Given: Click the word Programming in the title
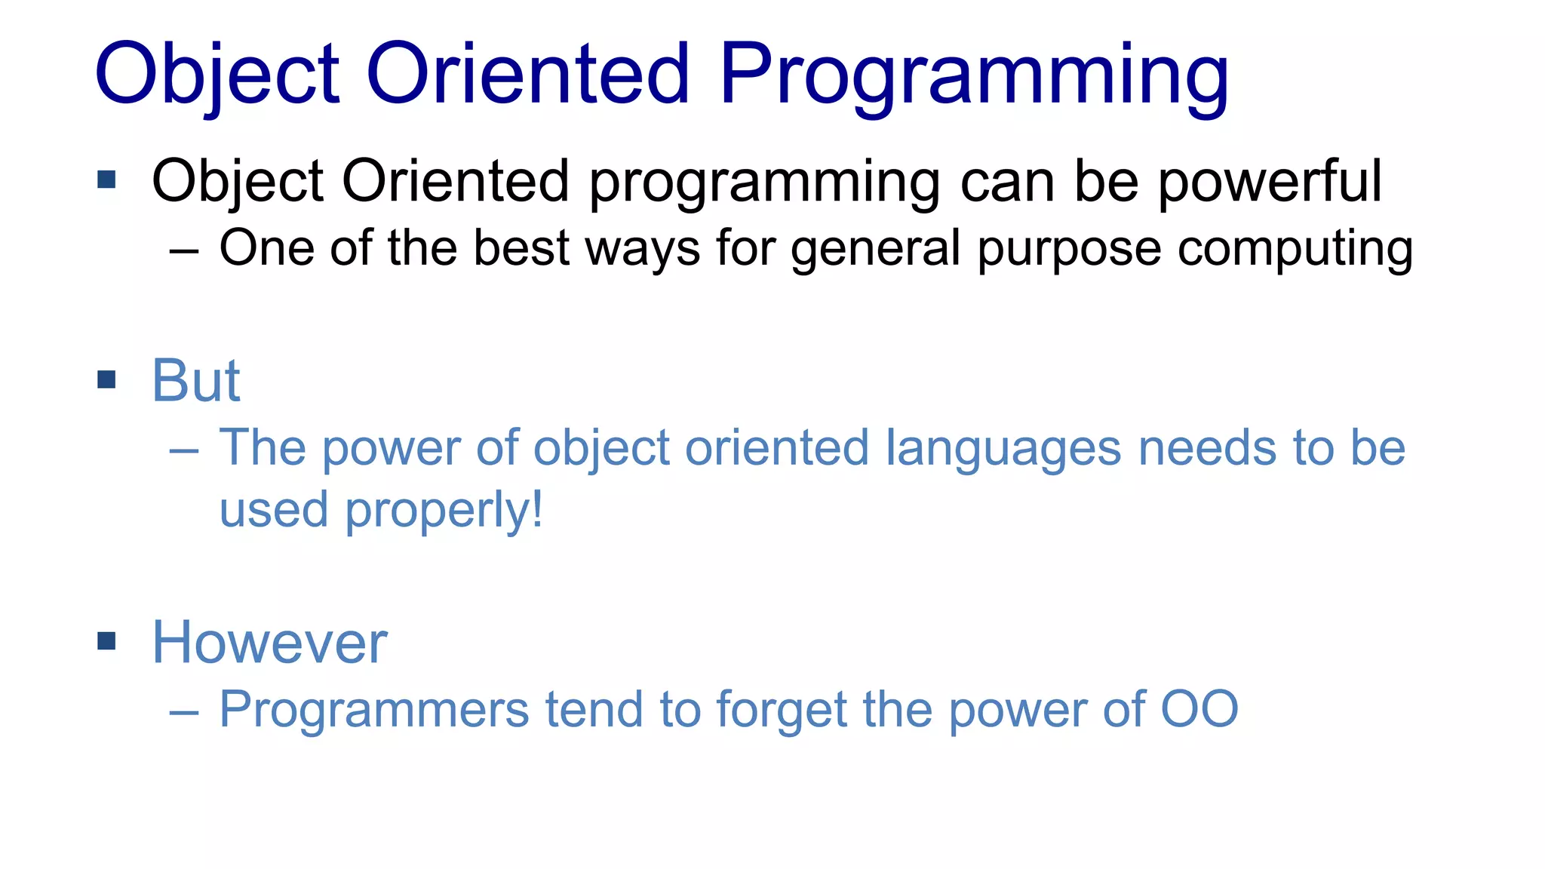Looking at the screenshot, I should [x=973, y=75].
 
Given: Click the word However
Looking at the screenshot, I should [x=269, y=643].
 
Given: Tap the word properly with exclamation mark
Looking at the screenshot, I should [x=444, y=511].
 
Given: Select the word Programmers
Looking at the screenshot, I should [x=374, y=711].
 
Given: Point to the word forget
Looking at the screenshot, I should [x=782, y=711].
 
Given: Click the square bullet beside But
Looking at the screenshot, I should [x=106, y=379].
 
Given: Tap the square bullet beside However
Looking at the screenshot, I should [x=106, y=641].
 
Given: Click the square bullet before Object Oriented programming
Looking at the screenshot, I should [x=106, y=180].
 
